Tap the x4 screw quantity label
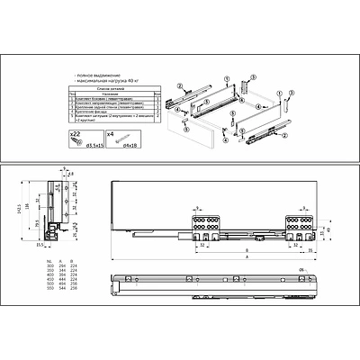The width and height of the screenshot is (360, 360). pyautogui.click(x=109, y=132)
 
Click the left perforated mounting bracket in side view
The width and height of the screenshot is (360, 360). pyautogui.click(x=204, y=221)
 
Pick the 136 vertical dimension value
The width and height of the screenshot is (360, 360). pyautogui.click(x=30, y=203)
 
